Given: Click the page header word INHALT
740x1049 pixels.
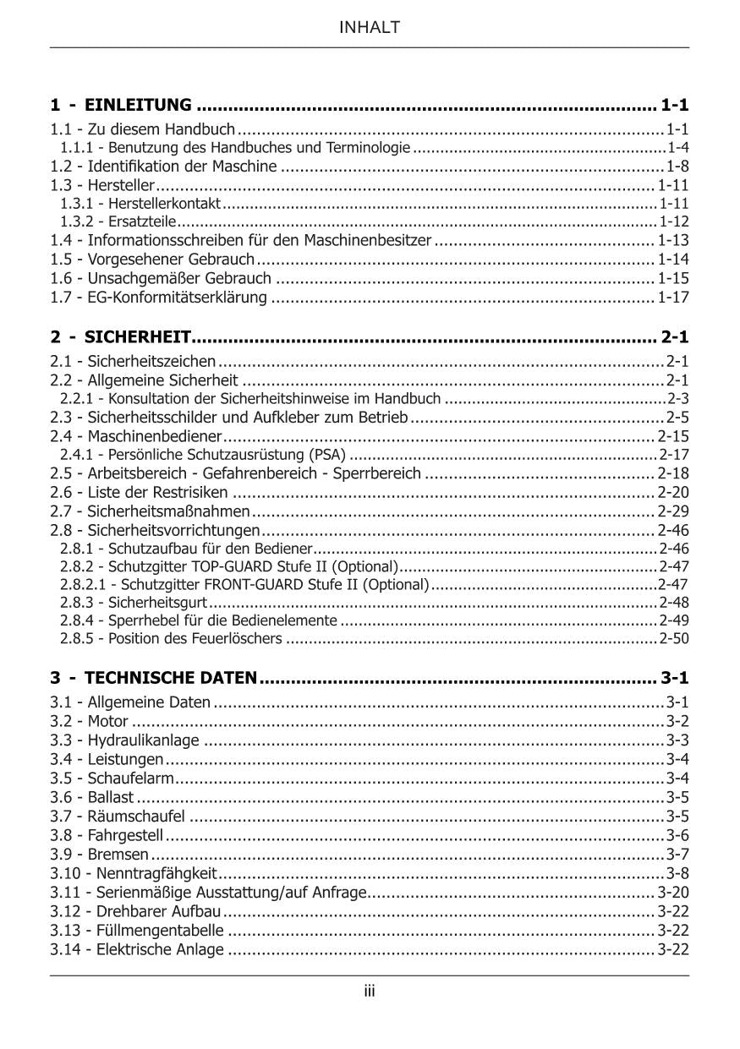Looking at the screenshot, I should (370, 28).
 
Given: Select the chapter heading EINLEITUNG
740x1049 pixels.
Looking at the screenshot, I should (138, 106).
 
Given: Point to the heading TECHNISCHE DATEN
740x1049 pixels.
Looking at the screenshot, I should (171, 678).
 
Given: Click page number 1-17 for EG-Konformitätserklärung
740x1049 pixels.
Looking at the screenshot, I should (673, 298).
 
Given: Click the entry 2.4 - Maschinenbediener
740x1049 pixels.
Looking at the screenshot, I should (136, 437).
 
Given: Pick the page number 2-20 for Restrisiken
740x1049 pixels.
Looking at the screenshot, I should (673, 492).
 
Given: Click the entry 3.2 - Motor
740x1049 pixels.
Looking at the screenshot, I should (89, 721).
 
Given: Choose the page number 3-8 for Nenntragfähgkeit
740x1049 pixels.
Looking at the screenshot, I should (677, 873).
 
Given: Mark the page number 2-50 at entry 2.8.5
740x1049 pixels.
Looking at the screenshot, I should (674, 638).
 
